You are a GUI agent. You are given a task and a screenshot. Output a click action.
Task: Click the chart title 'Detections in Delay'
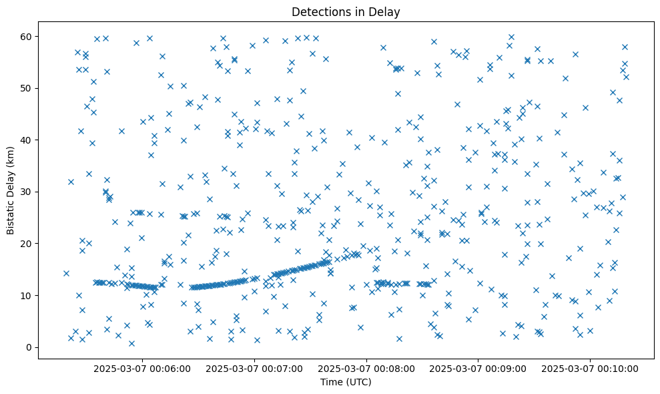(x=346, y=11)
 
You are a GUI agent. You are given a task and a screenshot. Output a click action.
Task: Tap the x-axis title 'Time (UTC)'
(x=346, y=382)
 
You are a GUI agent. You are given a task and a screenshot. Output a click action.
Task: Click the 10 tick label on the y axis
(x=28, y=295)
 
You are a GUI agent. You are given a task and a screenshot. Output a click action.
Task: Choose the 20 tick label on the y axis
(x=28, y=244)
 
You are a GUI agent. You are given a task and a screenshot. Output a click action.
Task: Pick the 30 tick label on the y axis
(x=28, y=192)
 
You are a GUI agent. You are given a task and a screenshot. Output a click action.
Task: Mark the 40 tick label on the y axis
(x=28, y=140)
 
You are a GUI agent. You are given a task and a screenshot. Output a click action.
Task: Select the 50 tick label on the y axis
(x=28, y=88)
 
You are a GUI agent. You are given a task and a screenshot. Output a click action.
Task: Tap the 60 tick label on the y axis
(x=28, y=36)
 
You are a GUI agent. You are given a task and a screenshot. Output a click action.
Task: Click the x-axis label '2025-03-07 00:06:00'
(x=142, y=368)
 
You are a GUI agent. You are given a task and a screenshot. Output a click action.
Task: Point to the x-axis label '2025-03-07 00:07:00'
(x=254, y=368)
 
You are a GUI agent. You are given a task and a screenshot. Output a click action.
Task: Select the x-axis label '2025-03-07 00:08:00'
(x=366, y=368)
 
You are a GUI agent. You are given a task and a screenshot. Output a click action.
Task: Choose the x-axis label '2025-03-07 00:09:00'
(x=478, y=368)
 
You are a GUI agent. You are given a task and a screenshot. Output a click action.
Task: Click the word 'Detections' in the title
(x=318, y=11)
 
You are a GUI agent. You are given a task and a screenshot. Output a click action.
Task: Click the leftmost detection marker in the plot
(x=66, y=273)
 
